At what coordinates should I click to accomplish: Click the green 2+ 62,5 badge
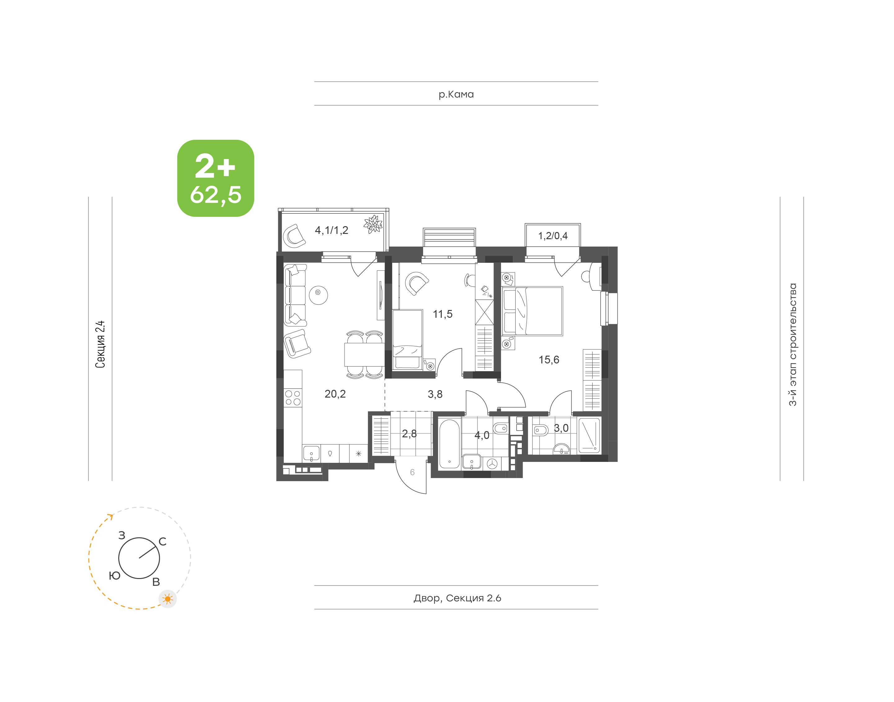[x=216, y=178]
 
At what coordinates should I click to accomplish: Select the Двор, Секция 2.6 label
[x=457, y=598]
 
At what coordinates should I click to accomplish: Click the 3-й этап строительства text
[x=792, y=344]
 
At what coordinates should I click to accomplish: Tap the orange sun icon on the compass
[x=168, y=599]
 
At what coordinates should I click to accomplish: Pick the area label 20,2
[x=335, y=394]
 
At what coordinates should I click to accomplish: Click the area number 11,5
[x=442, y=314]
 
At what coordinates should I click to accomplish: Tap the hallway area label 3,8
[x=435, y=394]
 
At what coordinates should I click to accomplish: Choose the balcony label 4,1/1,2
[x=332, y=230]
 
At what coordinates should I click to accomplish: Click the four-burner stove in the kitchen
[x=293, y=398]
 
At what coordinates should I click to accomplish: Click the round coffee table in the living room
[x=318, y=295]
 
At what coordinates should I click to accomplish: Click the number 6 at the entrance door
[x=412, y=472]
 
